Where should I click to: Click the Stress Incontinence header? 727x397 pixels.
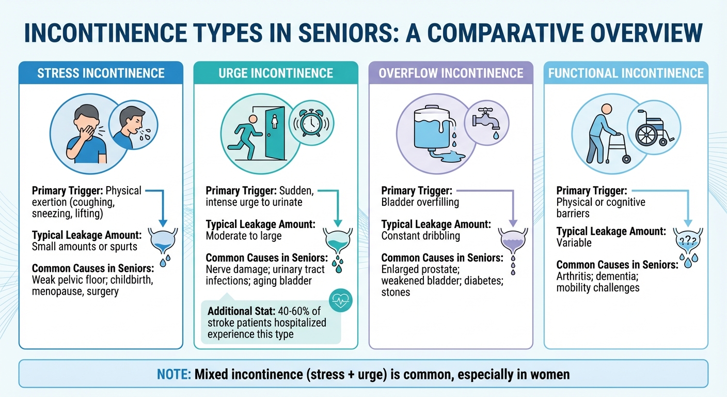click(x=101, y=73)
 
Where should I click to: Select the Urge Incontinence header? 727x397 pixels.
click(x=276, y=73)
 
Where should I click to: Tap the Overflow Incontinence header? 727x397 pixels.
click(x=451, y=73)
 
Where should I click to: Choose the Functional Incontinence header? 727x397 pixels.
click(x=626, y=73)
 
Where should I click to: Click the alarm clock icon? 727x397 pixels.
click(x=311, y=124)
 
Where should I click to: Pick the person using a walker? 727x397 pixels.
click(x=602, y=133)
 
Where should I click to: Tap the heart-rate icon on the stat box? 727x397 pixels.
click(x=340, y=301)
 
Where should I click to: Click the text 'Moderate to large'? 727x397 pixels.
click(x=244, y=236)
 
